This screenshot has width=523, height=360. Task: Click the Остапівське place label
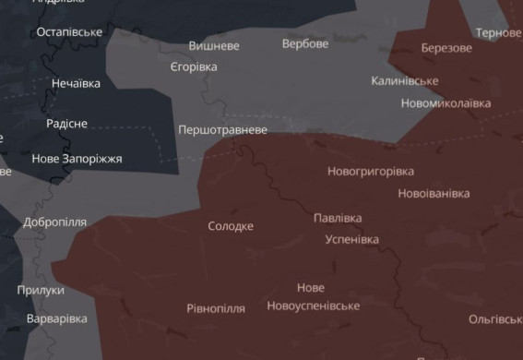click(x=69, y=32)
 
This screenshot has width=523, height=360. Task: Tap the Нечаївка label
click(x=76, y=83)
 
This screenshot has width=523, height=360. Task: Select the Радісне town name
click(x=67, y=124)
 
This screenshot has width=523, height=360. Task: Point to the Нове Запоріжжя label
click(x=77, y=159)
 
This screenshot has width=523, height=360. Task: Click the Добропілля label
click(x=55, y=222)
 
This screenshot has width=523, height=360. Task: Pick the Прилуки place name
click(x=41, y=290)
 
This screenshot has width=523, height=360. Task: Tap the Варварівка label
click(x=57, y=318)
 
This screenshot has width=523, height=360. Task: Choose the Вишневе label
click(x=214, y=45)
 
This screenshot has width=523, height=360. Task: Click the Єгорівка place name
click(x=194, y=67)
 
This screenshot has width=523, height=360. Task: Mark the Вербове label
click(x=305, y=43)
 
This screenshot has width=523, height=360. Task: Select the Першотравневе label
click(x=223, y=130)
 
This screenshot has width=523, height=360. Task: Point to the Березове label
click(x=446, y=48)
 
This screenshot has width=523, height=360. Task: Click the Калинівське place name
click(x=405, y=81)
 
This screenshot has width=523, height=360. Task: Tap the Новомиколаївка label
click(x=446, y=102)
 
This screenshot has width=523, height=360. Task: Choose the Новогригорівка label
click(x=371, y=171)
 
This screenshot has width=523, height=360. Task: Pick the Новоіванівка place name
click(x=434, y=193)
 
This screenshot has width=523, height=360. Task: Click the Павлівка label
click(x=338, y=218)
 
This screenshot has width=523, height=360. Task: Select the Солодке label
click(x=231, y=225)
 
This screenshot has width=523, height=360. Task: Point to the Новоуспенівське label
click(x=313, y=306)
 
